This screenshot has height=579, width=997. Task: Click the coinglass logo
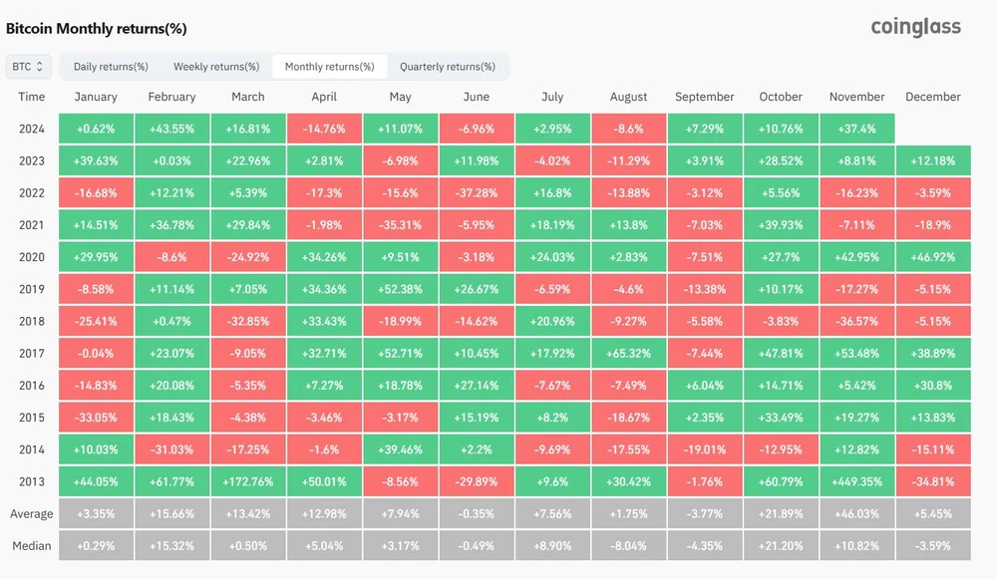click(x=915, y=27)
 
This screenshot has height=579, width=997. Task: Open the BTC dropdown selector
click(x=27, y=67)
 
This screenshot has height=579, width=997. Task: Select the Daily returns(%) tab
click(x=111, y=67)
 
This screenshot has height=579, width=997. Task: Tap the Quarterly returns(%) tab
click(x=447, y=67)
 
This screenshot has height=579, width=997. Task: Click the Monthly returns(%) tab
click(x=329, y=67)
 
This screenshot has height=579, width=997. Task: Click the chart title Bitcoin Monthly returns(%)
click(x=97, y=29)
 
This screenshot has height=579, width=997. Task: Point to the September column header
click(x=704, y=97)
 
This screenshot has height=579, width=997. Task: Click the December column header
click(x=932, y=97)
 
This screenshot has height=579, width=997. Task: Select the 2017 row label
click(x=31, y=352)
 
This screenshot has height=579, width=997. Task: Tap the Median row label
click(x=31, y=545)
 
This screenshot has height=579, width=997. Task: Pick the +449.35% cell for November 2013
click(x=856, y=480)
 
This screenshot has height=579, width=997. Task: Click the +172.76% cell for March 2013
click(x=248, y=480)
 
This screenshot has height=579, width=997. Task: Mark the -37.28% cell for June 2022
click(x=477, y=192)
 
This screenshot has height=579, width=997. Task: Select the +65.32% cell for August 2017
click(x=628, y=353)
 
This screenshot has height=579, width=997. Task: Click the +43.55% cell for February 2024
click(x=171, y=129)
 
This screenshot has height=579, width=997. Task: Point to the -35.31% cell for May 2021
click(x=400, y=224)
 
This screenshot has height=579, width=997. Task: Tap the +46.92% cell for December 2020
click(x=932, y=256)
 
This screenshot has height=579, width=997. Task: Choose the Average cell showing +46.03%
click(x=856, y=513)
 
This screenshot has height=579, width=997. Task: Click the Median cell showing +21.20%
click(x=781, y=545)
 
